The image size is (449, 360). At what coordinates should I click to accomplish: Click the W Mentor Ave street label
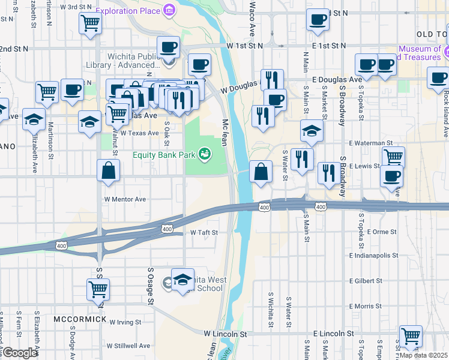pyautogui.click(x=125, y=199)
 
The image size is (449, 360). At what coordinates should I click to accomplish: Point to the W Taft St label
pyautogui.click(x=203, y=232)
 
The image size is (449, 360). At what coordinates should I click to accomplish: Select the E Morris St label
pyautogui.click(x=364, y=306)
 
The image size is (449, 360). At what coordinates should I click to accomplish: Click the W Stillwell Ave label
pyautogui.click(x=128, y=346)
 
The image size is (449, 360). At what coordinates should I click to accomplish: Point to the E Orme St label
pyautogui.click(x=381, y=232)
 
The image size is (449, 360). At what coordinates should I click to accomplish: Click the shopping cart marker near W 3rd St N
pyautogui.click(x=90, y=23)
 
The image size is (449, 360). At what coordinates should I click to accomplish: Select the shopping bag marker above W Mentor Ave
pyautogui.click(x=108, y=171)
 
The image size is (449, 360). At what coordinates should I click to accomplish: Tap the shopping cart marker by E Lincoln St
pyautogui.click(x=411, y=335)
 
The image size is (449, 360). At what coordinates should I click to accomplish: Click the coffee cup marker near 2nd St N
pyautogui.click(x=318, y=19)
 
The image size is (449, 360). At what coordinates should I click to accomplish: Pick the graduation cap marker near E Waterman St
pyautogui.click(x=311, y=131)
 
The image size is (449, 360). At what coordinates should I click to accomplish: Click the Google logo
pyautogui.click(x=20, y=352)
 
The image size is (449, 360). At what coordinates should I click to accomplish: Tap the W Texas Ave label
pyautogui.click(x=139, y=133)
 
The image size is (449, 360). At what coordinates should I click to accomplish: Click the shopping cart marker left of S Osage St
pyautogui.click(x=98, y=289)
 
